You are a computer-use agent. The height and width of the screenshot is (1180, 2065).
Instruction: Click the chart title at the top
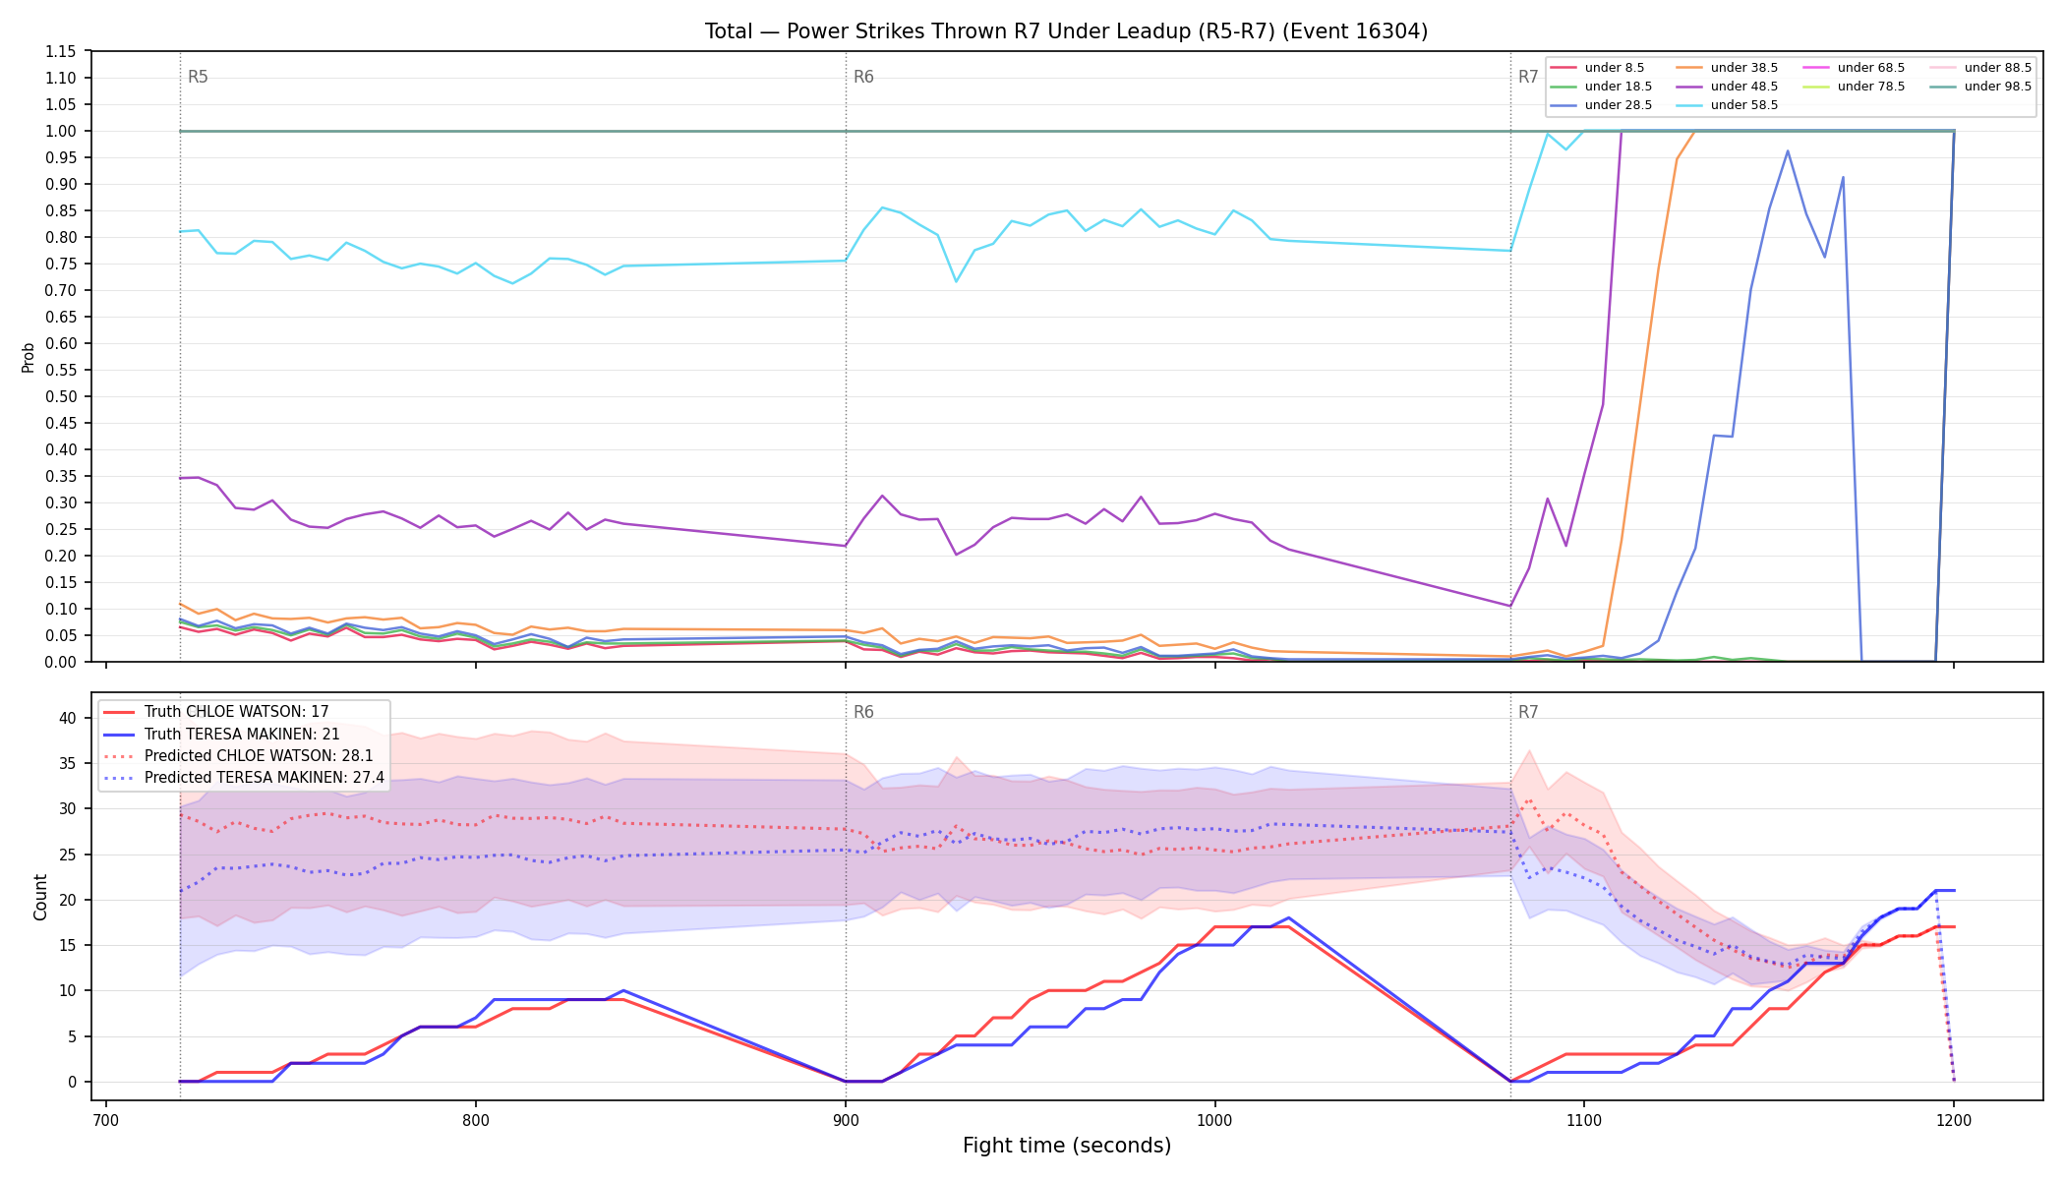coord(1066,31)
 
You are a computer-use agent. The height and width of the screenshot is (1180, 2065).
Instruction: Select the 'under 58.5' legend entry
coord(1728,105)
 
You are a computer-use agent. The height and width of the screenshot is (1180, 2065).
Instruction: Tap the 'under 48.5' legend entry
coord(1728,87)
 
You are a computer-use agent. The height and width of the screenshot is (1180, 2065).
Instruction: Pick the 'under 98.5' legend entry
coord(1981,87)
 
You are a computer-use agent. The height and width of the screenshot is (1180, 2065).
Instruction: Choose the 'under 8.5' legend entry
coord(1598,68)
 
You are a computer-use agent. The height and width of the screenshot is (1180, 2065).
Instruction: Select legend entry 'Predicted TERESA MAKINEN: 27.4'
coord(244,778)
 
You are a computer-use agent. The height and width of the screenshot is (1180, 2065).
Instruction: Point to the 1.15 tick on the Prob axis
coord(61,51)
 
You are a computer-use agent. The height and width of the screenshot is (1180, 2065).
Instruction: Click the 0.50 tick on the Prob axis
coord(61,396)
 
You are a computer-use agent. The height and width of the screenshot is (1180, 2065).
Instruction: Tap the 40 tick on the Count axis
coord(67,718)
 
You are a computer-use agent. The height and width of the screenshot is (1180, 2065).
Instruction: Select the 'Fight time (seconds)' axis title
coord(1067,1146)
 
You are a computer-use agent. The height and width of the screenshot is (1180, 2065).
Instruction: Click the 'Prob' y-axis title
coord(29,357)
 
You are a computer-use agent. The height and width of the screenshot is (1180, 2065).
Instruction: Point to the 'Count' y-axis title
coord(40,897)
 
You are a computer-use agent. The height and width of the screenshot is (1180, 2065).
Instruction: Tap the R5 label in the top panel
coord(198,77)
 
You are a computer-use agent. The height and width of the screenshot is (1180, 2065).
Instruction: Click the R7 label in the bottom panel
coord(1528,712)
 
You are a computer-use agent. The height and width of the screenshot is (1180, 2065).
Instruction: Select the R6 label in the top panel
coord(863,77)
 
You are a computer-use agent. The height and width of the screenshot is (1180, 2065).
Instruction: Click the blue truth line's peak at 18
coord(1288,918)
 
